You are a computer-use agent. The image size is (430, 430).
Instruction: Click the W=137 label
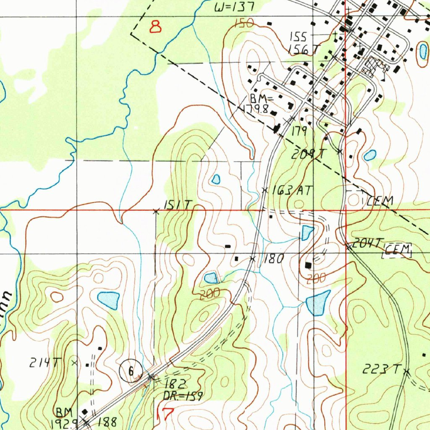coord(234,7)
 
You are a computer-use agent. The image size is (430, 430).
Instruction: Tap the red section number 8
coord(156,27)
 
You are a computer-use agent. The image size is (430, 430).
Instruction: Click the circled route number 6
coord(130,371)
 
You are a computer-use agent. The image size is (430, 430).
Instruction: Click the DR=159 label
coord(183,396)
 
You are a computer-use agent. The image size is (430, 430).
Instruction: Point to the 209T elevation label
coord(309,155)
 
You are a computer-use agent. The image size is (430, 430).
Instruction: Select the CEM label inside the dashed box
coord(398,251)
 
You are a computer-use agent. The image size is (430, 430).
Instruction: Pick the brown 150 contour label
coord(244,23)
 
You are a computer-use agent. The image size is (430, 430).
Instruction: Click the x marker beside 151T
coord(156,212)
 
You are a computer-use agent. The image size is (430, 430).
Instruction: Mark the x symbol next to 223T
coord(406,371)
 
